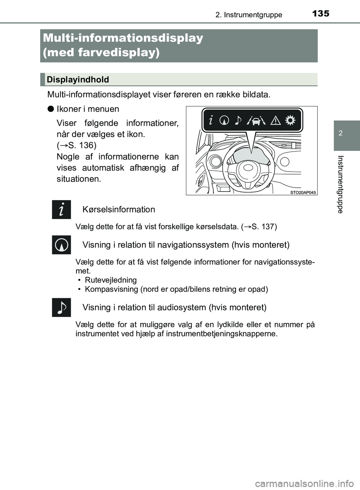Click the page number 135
[321, 13]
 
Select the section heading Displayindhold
[78, 79]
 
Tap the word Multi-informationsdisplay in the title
[123, 38]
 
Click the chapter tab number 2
[340, 133]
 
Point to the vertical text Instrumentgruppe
[340, 184]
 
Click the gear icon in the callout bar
[290, 120]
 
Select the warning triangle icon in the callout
[276, 120]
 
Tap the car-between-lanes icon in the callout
[257, 120]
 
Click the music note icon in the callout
[238, 120]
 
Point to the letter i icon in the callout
[211, 120]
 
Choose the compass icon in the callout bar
[224, 120]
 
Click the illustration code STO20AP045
[303, 193]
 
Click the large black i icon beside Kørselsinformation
[61, 209]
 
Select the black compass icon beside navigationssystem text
[61, 245]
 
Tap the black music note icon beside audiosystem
[61, 308]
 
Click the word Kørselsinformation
[118, 209]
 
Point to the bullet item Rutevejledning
[111, 280]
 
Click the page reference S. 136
[82, 145]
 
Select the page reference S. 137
[264, 227]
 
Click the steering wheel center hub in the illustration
[246, 167]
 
